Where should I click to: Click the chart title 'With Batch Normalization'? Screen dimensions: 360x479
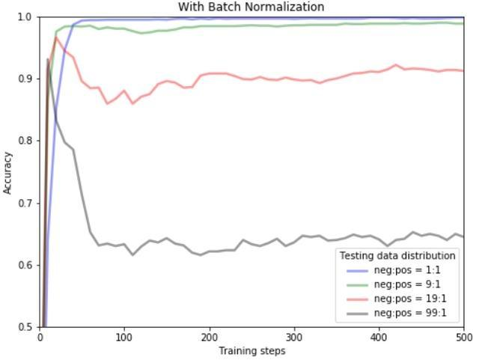[x=251, y=7]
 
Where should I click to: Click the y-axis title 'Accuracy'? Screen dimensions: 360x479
[x=8, y=173]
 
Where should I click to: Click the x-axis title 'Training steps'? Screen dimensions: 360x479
[x=251, y=350]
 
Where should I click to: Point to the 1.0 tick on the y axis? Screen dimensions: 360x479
[x=25, y=16]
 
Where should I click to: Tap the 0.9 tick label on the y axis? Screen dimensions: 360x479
[x=25, y=79]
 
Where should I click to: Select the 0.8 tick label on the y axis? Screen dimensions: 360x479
[x=25, y=141]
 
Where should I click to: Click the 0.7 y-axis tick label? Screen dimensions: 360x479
[x=25, y=203]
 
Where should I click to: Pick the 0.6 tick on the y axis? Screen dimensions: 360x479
[x=25, y=265]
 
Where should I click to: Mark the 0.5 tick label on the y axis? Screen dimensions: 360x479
[x=25, y=327]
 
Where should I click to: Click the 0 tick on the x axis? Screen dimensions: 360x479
[x=40, y=337]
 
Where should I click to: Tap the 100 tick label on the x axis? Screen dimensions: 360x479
[x=124, y=337]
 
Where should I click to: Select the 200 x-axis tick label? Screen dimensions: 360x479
[x=210, y=337]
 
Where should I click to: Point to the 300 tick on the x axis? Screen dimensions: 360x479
[x=294, y=337]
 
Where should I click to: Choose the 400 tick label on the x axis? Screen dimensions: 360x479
[x=379, y=337]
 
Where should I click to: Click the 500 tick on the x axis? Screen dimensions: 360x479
[x=463, y=337]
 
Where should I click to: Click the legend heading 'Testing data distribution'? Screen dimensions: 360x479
[x=397, y=256]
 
